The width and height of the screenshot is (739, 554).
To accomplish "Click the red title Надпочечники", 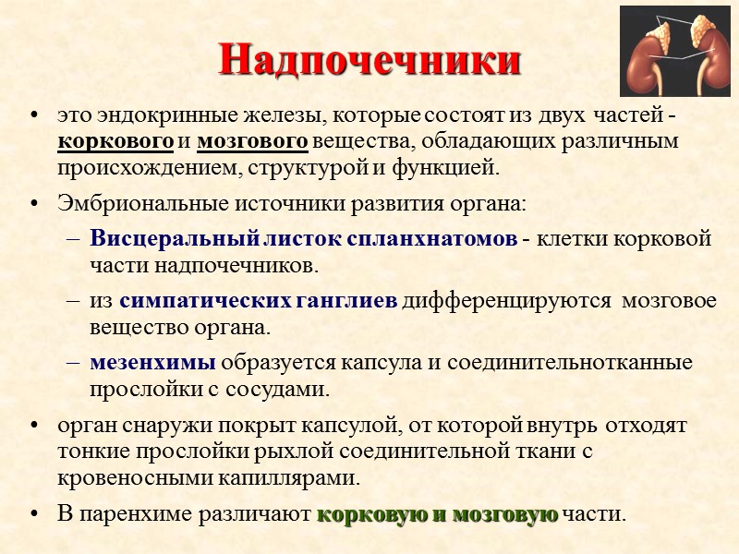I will pyautogui.click(x=369, y=62).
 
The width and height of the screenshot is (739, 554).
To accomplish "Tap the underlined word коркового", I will pyautogui.click(x=115, y=142).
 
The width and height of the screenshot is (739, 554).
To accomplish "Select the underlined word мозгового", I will pyautogui.click(x=252, y=142).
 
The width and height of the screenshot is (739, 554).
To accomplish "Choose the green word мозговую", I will pyautogui.click(x=504, y=514).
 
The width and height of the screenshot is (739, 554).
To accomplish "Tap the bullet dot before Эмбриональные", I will pyautogui.click(x=35, y=202).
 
